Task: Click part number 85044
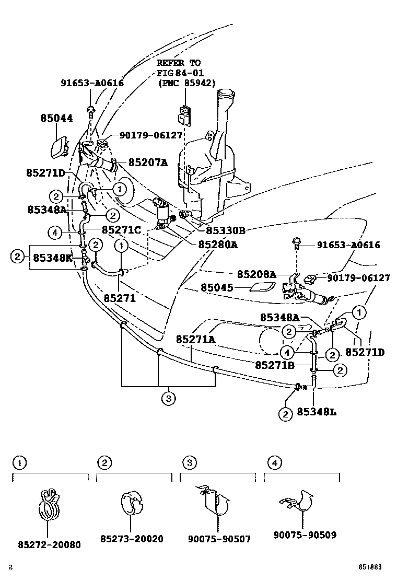(x=57, y=119)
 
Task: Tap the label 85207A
(x=148, y=162)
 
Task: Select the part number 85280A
(x=218, y=244)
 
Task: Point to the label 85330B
(x=225, y=230)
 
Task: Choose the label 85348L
(x=317, y=412)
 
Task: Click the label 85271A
(x=195, y=339)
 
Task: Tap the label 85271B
(x=275, y=364)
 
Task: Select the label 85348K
(x=53, y=257)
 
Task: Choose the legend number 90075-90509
(x=305, y=535)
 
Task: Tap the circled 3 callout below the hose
(x=167, y=399)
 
